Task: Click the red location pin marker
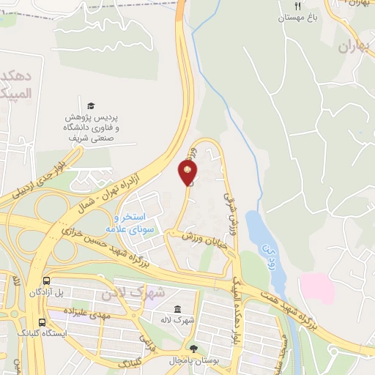pos(187,173)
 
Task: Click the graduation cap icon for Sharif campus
pos(91,106)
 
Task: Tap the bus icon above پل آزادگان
pos(48,281)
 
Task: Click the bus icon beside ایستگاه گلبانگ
pos(42,321)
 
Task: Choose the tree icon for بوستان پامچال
pos(193,349)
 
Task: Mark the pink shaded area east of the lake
pos(317,287)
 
